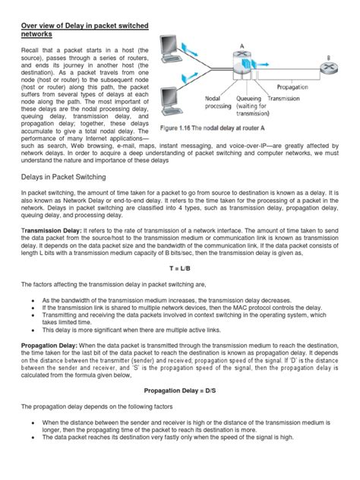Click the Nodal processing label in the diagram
click(219, 102)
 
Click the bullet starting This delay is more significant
click(129, 330)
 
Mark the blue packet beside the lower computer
click(198, 94)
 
